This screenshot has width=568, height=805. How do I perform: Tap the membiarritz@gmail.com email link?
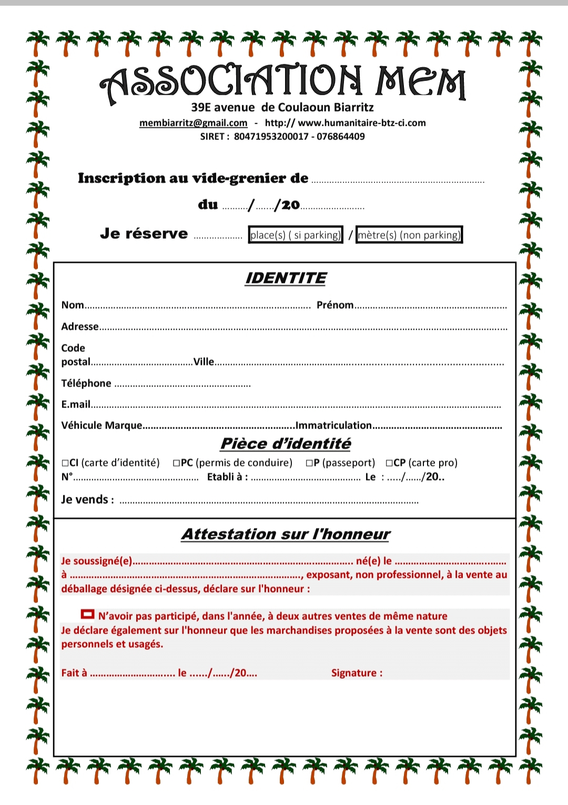coord(193,123)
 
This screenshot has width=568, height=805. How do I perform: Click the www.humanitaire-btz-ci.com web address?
coord(362,123)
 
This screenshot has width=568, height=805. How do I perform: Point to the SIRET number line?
coord(282,137)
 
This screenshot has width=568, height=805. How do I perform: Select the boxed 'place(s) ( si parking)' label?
coord(296,235)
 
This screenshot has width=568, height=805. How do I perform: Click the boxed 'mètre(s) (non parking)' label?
coord(409,235)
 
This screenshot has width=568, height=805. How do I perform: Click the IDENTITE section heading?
coord(286,278)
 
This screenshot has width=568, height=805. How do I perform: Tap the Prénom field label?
coord(335,305)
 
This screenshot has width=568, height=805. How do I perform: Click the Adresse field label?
coord(80,327)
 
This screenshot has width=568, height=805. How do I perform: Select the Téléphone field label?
coord(86,383)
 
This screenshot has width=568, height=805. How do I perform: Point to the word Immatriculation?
coord(333,425)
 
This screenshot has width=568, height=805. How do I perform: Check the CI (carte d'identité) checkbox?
coord(65,463)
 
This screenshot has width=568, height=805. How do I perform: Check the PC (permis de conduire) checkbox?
coord(177,463)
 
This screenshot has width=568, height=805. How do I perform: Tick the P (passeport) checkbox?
coord(309,463)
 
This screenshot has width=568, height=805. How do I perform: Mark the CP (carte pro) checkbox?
coord(389,463)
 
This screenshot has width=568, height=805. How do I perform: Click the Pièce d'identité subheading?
coord(286,444)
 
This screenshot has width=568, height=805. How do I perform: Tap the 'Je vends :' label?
coord(87,500)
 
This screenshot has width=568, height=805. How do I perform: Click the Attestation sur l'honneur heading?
coord(286,534)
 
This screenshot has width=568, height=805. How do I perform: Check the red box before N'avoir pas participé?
coord(87,614)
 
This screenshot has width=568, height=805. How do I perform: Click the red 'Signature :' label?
coord(357,673)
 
